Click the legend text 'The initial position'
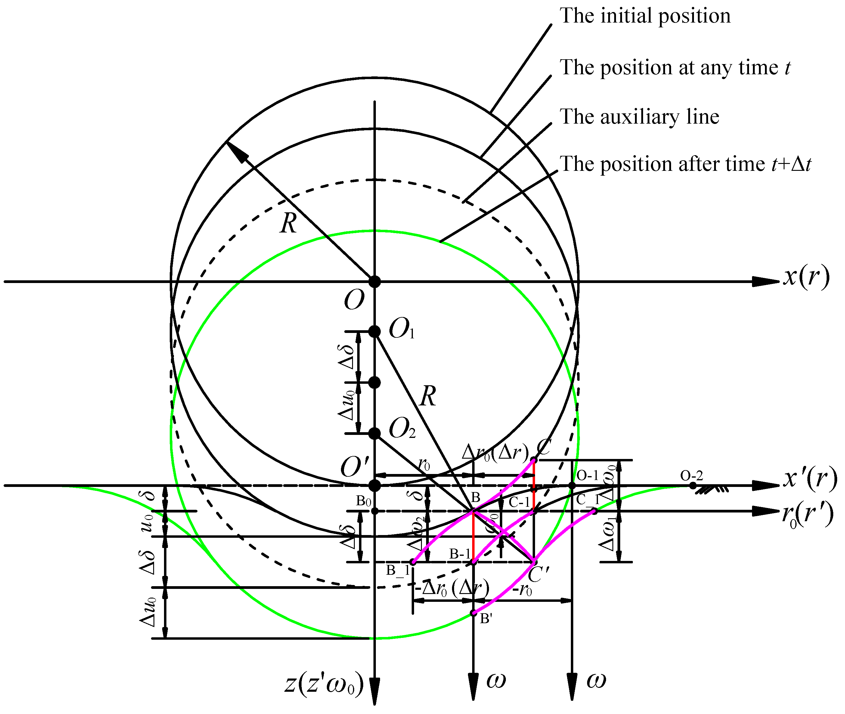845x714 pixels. point(645,16)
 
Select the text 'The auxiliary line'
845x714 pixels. point(639,117)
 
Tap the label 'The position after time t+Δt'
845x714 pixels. point(685,164)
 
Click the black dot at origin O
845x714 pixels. point(375,281)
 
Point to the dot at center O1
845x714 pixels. point(375,331)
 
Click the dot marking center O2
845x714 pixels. point(375,433)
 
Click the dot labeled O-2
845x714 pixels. point(693,485)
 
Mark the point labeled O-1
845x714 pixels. point(572,485)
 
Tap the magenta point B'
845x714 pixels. point(473,613)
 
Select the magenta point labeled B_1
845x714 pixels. point(413,562)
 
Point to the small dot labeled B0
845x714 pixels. point(375,511)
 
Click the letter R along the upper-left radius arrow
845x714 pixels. point(288,223)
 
